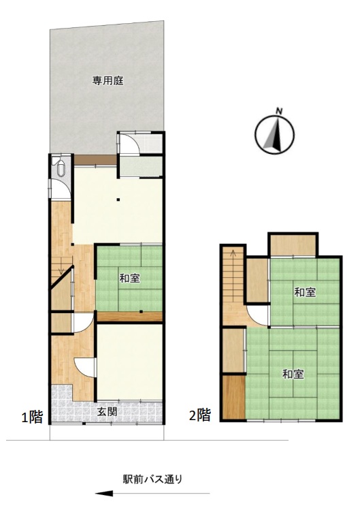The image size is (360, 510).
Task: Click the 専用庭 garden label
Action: pos(108,80)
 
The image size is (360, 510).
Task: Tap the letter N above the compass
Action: pos(278,111)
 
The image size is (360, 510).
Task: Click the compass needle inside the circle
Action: pos(276,134)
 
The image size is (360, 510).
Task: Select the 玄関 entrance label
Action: pos(107,412)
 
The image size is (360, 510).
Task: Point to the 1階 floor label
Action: pos(32,417)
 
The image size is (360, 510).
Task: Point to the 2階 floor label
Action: pos(199,415)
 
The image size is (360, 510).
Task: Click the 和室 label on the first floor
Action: pos(130,278)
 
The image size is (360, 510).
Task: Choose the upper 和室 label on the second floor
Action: pos(305,292)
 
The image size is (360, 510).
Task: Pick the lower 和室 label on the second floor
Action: pos(293,374)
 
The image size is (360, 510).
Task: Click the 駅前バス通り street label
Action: pos(153,479)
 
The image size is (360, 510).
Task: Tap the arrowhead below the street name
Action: pos(104,494)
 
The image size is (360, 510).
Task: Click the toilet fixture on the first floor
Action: pos(61,168)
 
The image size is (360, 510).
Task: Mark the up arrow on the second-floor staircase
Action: pos(233,253)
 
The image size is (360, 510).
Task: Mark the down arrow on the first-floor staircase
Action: pos(61,270)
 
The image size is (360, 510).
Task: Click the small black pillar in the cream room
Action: pos(118,200)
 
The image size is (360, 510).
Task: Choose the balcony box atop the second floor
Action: pos(293,244)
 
